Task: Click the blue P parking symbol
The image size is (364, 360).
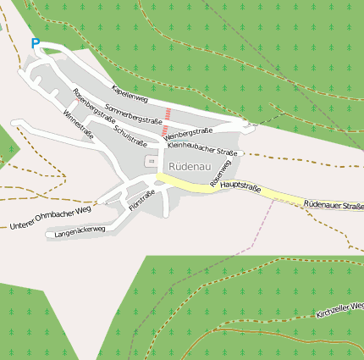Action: [x=35, y=43]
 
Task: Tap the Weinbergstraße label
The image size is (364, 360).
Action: [x=187, y=133]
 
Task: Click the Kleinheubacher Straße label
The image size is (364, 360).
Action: [x=201, y=149]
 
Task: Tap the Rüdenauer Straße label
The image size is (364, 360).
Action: [x=333, y=205]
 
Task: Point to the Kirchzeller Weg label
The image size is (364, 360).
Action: [x=339, y=309]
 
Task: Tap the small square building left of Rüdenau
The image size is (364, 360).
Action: [x=152, y=161]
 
